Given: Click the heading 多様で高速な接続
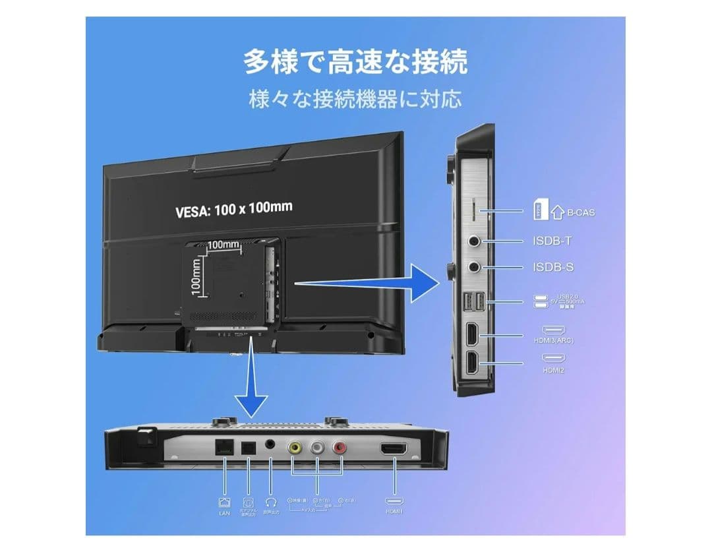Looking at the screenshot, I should click(x=355, y=62).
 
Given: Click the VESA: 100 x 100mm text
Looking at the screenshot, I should click(x=234, y=208).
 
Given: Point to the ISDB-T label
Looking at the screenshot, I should click(x=552, y=241).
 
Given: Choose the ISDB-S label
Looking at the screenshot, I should click(x=552, y=268).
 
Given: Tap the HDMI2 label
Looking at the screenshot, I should click(x=552, y=371).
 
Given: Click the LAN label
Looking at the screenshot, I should click(x=224, y=513).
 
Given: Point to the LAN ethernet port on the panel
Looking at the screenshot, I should click(x=223, y=446).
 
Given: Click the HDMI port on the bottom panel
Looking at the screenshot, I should click(x=394, y=449).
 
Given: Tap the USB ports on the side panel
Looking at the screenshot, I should click(x=473, y=301).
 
